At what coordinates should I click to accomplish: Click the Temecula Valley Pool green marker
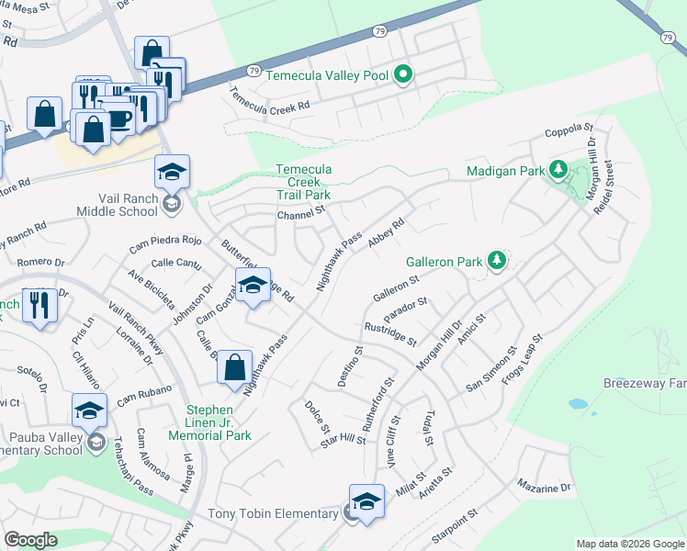pyautogui.click(x=402, y=75)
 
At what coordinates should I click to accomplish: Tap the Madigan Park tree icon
pyautogui.click(x=557, y=170)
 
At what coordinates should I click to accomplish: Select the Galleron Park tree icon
pyautogui.click(x=496, y=262)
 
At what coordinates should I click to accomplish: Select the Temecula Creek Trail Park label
pyautogui.click(x=304, y=182)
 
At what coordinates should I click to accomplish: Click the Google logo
pyautogui.click(x=30, y=540)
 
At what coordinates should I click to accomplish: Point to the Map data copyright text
pyautogui.click(x=629, y=544)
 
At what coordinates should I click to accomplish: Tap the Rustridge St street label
pyautogui.click(x=389, y=332)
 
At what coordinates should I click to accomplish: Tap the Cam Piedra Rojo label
pyautogui.click(x=164, y=243)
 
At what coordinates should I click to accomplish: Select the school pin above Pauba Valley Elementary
pyautogui.click(x=89, y=410)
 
